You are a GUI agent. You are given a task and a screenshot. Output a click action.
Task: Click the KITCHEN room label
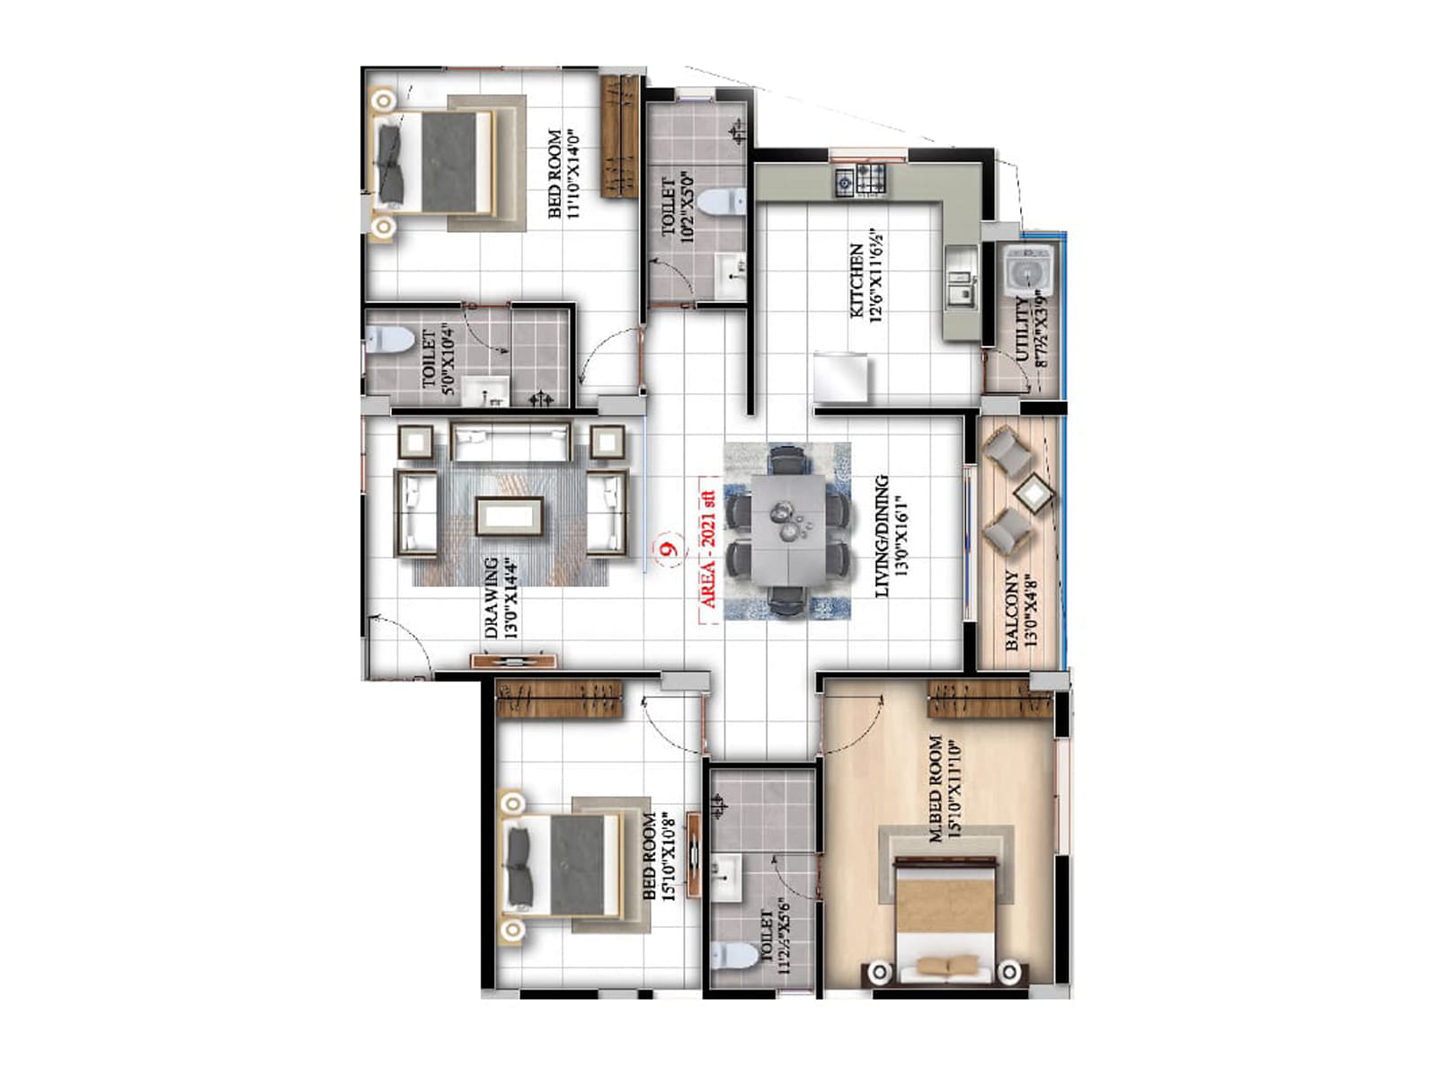[856, 281]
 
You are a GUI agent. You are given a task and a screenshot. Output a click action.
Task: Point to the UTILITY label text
[1023, 329]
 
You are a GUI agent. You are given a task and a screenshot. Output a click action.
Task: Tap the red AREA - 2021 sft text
[709, 549]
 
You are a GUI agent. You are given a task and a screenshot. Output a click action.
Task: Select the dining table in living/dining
[786, 531]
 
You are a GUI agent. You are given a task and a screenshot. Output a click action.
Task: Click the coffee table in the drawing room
[510, 516]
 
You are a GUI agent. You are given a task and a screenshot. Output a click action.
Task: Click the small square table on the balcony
[1034, 493]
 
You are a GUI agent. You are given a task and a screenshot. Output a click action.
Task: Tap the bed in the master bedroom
[945, 917]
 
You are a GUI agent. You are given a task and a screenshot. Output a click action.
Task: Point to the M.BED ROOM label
[936, 789]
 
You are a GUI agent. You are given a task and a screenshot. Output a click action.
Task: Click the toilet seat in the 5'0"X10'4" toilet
[388, 340]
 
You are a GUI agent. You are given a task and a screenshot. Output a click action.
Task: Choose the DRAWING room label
[492, 598]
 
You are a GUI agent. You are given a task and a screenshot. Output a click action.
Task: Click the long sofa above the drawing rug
[510, 441]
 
